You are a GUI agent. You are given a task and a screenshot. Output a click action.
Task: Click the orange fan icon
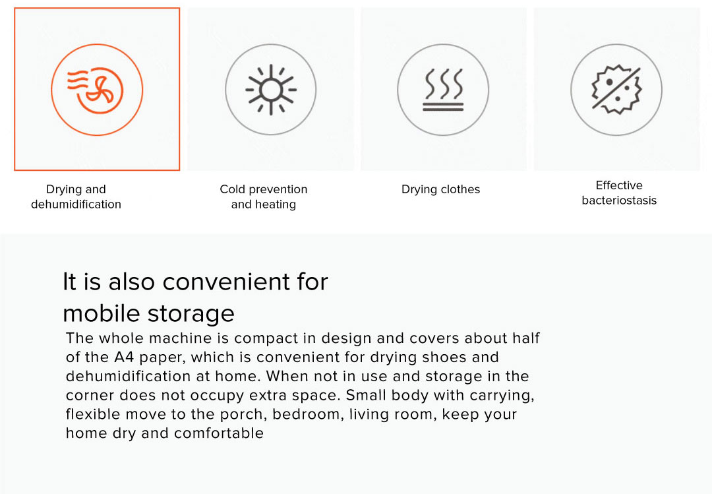(95, 90)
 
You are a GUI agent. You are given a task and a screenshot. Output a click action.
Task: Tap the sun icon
(271, 90)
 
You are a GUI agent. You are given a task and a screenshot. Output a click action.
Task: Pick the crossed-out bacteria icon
(616, 90)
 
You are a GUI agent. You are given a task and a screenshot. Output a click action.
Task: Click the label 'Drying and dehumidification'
(76, 197)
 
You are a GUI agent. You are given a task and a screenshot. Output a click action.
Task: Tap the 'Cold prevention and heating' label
(263, 197)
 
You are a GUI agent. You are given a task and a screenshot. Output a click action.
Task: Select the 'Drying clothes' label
(440, 189)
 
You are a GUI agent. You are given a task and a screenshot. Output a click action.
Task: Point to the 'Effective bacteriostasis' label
(619, 193)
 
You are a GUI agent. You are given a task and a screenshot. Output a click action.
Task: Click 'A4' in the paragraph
(124, 357)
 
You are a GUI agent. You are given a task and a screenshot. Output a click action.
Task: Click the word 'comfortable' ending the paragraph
(218, 433)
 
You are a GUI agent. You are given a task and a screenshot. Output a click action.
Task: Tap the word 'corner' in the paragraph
(90, 396)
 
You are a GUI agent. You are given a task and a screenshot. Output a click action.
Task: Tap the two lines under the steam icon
(443, 107)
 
